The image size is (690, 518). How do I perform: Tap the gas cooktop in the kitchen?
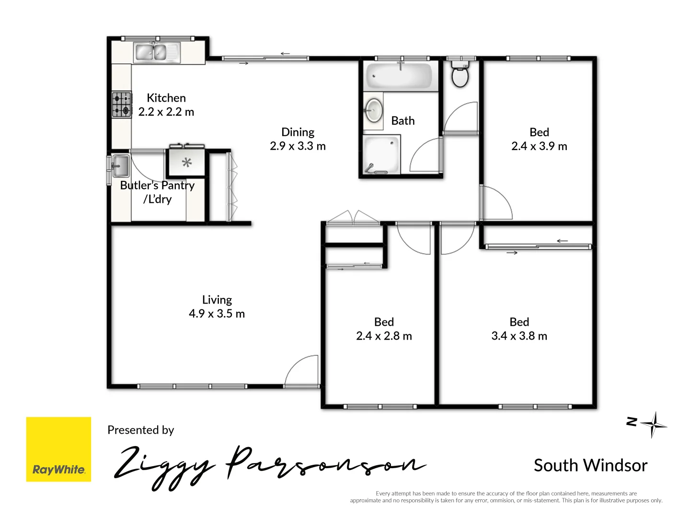pos(122,105)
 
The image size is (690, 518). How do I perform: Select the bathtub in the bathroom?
pos(400,76)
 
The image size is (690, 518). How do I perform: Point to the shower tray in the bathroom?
pos(381,155)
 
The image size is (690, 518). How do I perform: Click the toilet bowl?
pos(460,76)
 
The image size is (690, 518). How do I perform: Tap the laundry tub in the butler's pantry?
pos(120,166)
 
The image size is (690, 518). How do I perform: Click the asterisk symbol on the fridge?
pos(187,162)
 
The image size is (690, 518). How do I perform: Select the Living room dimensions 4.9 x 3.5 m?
pos(217,314)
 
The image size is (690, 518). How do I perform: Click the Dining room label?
pos(298,132)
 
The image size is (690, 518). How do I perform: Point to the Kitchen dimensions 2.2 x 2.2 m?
pos(166,112)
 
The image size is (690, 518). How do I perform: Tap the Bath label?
pos(403,121)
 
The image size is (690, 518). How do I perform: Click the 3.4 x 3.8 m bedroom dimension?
pos(519,336)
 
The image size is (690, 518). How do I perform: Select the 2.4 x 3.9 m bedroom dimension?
pos(539,146)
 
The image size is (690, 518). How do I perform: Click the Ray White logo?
pos(58,449)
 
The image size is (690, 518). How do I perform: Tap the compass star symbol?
pos(653,424)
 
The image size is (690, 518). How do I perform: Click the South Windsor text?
pos(590,465)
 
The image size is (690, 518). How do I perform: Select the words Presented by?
pos(140,430)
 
